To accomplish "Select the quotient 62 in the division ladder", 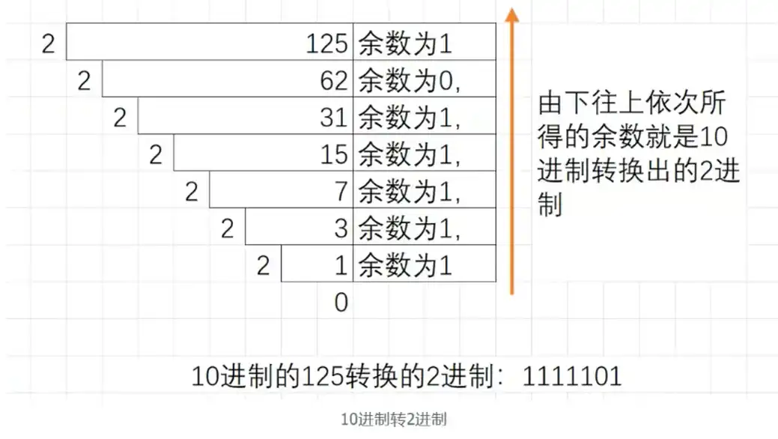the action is [x=334, y=82].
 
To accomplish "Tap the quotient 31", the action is [x=334, y=118].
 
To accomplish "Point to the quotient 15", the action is [x=334, y=155].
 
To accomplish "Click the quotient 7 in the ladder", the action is [x=341, y=192].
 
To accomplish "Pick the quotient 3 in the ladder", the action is [x=341, y=228].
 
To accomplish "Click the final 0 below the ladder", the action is [x=341, y=303].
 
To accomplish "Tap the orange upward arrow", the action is [x=511, y=150].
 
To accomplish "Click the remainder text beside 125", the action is [x=405, y=45].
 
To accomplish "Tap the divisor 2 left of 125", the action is [x=49, y=45].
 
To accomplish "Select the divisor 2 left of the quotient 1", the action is [x=263, y=265].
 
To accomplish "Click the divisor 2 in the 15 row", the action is [x=156, y=155].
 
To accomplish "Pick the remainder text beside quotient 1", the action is [x=405, y=265].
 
